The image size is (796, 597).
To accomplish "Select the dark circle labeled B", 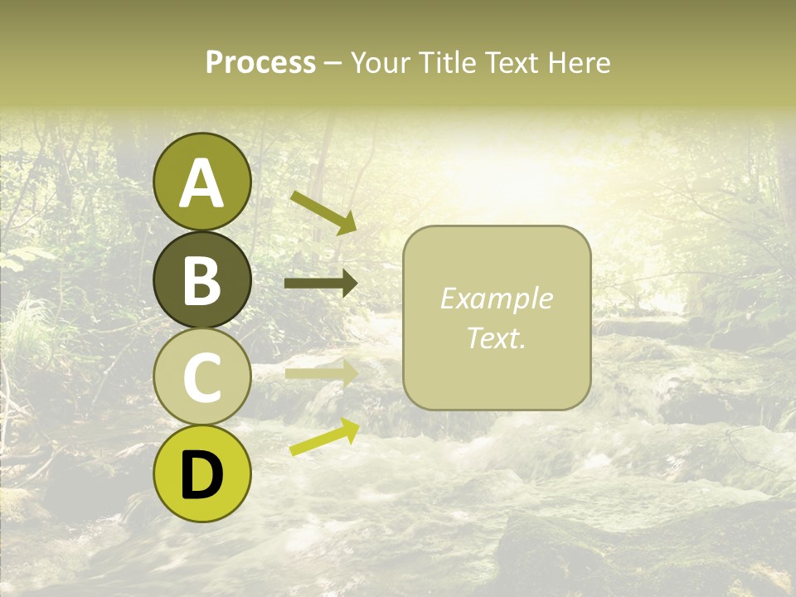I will pyautogui.click(x=202, y=279).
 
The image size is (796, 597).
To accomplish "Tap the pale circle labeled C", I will pyautogui.click(x=202, y=376).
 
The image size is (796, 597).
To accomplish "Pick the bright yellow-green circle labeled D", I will pyautogui.click(x=202, y=473).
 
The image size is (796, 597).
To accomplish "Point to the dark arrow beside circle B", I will pyautogui.click(x=321, y=284).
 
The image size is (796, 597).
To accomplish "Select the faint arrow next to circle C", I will pyautogui.click(x=321, y=372).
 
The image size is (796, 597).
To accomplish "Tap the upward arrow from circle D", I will pyautogui.click(x=324, y=437).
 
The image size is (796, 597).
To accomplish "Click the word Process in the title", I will pyautogui.click(x=260, y=62).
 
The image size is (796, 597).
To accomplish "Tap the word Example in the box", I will pyautogui.click(x=496, y=298).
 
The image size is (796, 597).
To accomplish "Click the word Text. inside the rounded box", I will pyautogui.click(x=496, y=337).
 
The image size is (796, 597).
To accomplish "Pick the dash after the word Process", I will pyautogui.click(x=333, y=63).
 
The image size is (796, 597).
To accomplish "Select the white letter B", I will pyautogui.click(x=202, y=281).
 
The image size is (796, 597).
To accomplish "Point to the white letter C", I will pyautogui.click(x=202, y=378).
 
